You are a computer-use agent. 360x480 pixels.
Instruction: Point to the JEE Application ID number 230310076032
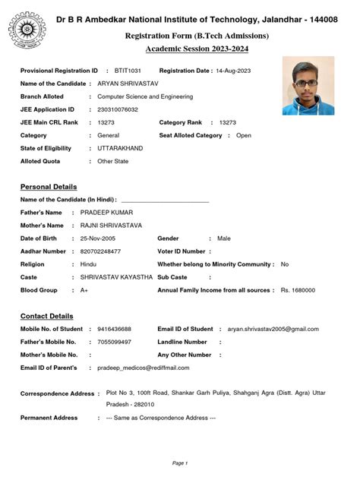coord(118,109)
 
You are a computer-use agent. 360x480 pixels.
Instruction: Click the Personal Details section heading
coord(49,187)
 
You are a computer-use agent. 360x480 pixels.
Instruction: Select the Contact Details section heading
coord(47,316)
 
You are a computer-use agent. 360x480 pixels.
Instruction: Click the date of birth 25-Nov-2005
coord(101,238)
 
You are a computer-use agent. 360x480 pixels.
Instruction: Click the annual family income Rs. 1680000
coord(298,290)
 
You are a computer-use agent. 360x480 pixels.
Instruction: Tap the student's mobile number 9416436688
coord(115,329)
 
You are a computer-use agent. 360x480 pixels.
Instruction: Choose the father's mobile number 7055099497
coord(115,342)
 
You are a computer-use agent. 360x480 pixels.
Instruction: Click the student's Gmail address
coord(273,329)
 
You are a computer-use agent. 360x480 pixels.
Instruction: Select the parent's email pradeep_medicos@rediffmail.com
coord(144,368)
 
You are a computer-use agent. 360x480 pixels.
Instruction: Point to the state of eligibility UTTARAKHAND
coord(120,148)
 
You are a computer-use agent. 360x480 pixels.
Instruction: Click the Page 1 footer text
coord(180,463)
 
